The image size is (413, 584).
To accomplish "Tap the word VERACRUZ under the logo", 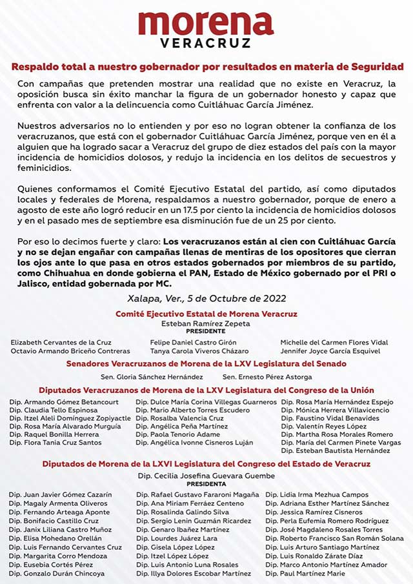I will click(x=206, y=44).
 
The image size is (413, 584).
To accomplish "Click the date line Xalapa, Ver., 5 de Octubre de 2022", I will click(x=206, y=297).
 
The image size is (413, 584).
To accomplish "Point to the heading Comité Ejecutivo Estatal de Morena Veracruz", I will click(x=206, y=313).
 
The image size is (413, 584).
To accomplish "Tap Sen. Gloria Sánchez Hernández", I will click(x=152, y=377).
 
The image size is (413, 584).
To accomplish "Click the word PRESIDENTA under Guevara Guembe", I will click(x=206, y=483).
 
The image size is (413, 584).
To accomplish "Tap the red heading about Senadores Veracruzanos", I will click(x=206, y=364).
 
